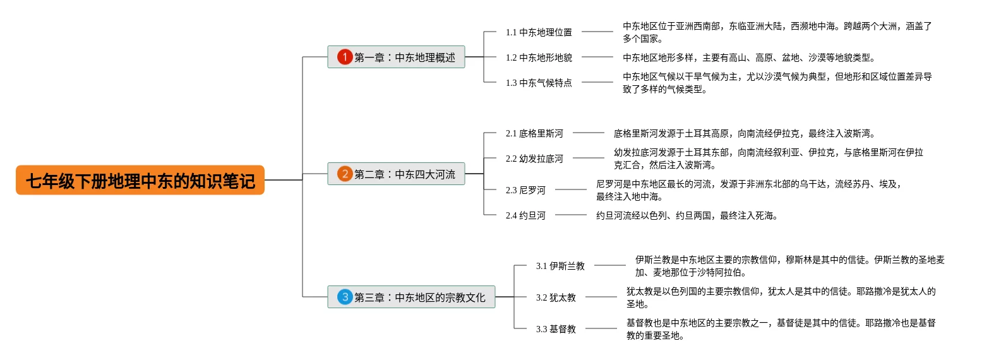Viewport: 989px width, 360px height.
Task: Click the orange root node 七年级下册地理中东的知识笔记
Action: click(140, 181)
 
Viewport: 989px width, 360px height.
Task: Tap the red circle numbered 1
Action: click(344, 57)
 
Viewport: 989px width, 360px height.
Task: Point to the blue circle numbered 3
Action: click(344, 297)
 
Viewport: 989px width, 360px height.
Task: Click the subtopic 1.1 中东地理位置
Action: click(539, 32)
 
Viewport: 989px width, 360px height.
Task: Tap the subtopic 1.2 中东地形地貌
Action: click(539, 57)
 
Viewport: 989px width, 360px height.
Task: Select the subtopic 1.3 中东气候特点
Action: click(539, 83)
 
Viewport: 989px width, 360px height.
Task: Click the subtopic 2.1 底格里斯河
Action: click(534, 133)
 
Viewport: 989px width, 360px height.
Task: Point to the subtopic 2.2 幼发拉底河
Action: click(534, 159)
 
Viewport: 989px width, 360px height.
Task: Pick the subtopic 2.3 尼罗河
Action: click(525, 190)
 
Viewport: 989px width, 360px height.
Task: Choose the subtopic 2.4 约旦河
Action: click(525, 215)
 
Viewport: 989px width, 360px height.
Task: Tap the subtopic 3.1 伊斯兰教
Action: click(560, 266)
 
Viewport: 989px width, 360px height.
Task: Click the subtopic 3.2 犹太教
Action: click(556, 297)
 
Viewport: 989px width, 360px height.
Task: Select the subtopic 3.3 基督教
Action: click(556, 329)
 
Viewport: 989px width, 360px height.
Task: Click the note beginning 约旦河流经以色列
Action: click(686, 215)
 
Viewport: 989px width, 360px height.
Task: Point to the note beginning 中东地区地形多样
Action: click(749, 57)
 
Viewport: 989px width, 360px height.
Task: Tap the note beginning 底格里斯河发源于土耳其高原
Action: click(745, 133)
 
